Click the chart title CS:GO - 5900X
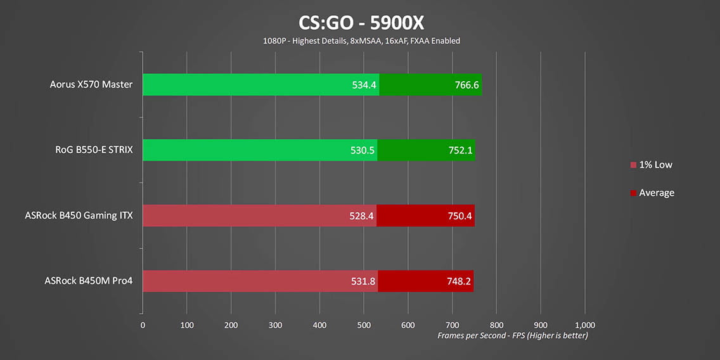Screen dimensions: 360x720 click(361, 23)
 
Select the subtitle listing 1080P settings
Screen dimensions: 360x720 click(361, 41)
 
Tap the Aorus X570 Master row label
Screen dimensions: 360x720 click(91, 84)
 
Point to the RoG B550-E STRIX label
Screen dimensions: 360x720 click(94, 150)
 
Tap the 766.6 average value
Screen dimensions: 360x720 click(466, 85)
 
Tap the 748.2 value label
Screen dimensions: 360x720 click(459, 281)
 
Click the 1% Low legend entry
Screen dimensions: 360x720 click(655, 165)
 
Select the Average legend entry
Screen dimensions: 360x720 click(656, 193)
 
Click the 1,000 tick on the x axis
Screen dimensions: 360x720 click(584, 325)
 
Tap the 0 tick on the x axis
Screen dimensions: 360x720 click(143, 325)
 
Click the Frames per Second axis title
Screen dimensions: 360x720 click(513, 335)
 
